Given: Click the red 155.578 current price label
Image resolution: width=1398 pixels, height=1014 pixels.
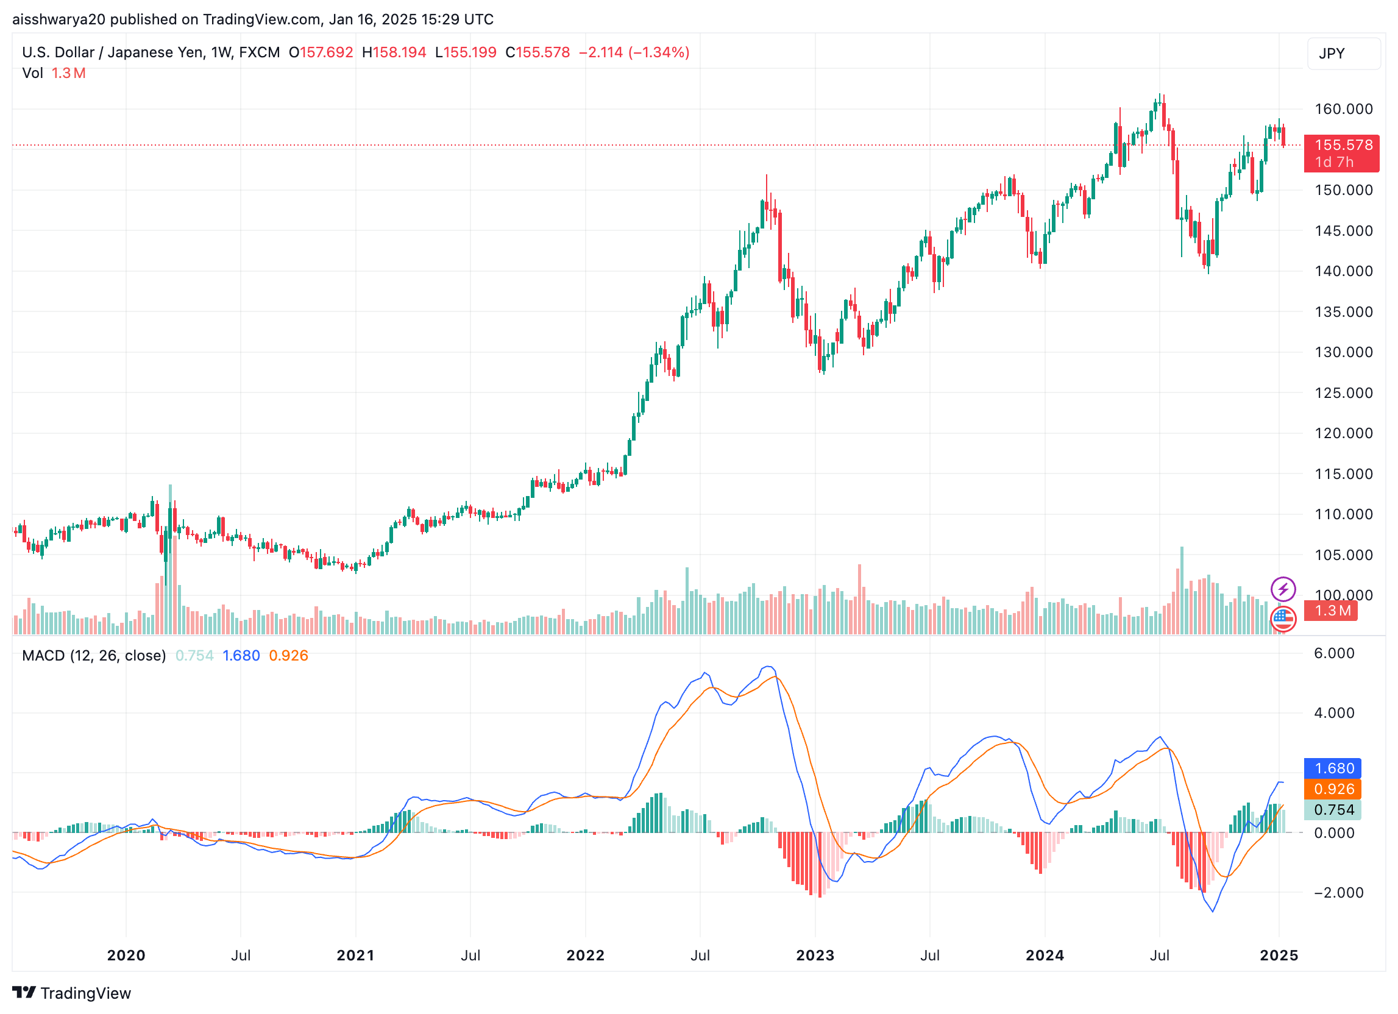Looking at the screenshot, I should click(x=1343, y=146).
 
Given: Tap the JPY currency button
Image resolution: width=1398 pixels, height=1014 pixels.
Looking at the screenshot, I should click(x=1343, y=54).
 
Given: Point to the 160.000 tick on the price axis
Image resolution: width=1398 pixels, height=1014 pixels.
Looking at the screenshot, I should click(x=1343, y=109).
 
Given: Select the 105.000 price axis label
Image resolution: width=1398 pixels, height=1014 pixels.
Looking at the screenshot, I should click(x=1343, y=555).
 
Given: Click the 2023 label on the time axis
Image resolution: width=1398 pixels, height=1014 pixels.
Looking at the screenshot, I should click(x=815, y=955).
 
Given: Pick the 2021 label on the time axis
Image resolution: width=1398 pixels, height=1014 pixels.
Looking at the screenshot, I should click(x=356, y=955).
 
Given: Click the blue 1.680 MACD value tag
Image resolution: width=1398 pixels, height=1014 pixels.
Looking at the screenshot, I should click(x=1333, y=768).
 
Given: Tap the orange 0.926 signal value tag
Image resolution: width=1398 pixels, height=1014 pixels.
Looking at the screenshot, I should click(x=1333, y=790).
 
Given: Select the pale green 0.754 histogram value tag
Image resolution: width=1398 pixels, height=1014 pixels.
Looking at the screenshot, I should click(x=1333, y=810).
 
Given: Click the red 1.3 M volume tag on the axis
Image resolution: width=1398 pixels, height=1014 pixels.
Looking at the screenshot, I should click(x=1332, y=611).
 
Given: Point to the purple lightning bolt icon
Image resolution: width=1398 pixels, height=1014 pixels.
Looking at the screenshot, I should click(x=1283, y=589).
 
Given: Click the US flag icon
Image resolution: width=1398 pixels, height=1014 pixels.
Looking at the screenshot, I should click(x=1283, y=619).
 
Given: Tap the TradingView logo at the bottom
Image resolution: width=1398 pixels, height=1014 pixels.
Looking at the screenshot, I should click(x=72, y=993).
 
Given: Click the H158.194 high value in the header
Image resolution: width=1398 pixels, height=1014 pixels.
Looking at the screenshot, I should click(x=394, y=52).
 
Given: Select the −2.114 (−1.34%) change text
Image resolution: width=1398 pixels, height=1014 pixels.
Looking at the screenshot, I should click(x=634, y=52).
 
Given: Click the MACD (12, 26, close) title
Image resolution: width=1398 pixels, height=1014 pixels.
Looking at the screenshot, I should click(x=94, y=656).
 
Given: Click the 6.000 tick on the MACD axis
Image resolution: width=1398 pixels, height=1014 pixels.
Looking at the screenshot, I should click(x=1333, y=653).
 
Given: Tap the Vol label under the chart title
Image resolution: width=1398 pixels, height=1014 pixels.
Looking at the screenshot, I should click(x=32, y=73).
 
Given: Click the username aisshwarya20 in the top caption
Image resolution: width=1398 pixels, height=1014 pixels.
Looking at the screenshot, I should click(x=59, y=19).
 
